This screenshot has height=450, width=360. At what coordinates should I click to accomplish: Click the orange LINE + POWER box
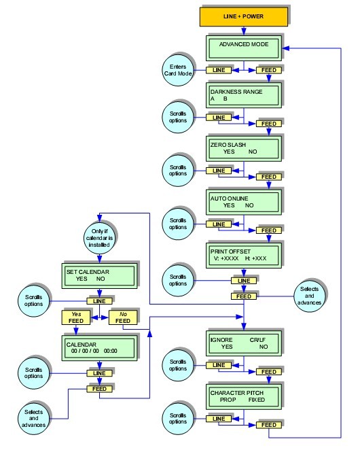point(242,16)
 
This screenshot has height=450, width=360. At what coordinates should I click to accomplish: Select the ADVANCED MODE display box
point(242,48)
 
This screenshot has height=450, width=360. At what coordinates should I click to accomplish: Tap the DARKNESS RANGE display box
point(242,96)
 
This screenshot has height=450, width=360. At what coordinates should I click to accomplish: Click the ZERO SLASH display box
point(242,148)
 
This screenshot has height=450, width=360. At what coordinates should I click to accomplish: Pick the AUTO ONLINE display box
point(242,202)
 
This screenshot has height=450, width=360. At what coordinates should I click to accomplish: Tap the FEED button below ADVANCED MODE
point(260,70)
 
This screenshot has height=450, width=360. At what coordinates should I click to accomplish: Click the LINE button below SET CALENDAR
point(99,300)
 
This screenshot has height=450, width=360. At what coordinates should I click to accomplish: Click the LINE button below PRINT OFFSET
point(242,280)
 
